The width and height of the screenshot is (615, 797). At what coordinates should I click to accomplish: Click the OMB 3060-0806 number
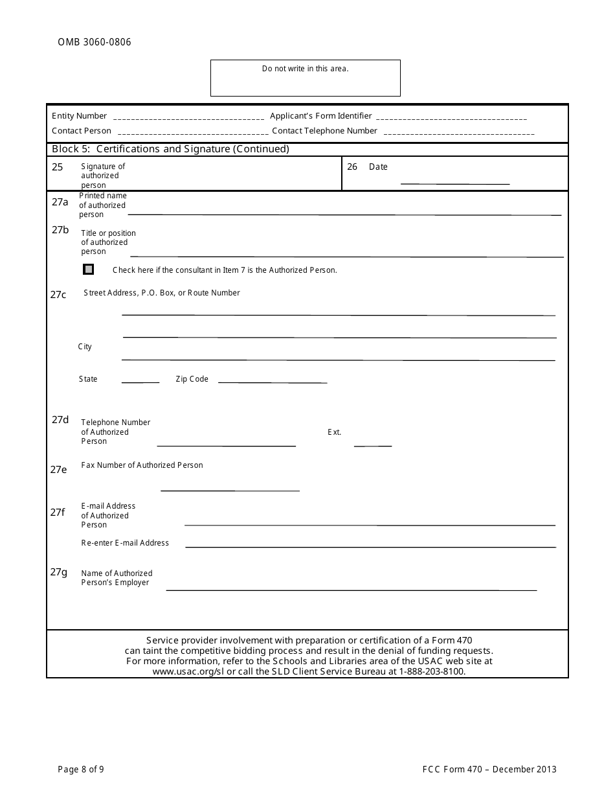click(x=94, y=43)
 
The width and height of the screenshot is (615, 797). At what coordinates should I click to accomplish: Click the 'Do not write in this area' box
click(x=305, y=78)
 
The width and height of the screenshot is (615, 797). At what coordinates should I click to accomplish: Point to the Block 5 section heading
click(x=170, y=149)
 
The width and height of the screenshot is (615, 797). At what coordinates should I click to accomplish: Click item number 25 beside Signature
click(x=58, y=167)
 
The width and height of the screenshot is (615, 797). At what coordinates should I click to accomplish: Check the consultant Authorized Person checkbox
click(x=89, y=270)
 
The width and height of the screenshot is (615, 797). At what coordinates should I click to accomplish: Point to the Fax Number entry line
click(x=230, y=489)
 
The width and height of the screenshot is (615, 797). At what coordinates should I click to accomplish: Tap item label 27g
click(x=59, y=572)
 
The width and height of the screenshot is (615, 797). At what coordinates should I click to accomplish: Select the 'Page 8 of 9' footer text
click(x=81, y=770)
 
